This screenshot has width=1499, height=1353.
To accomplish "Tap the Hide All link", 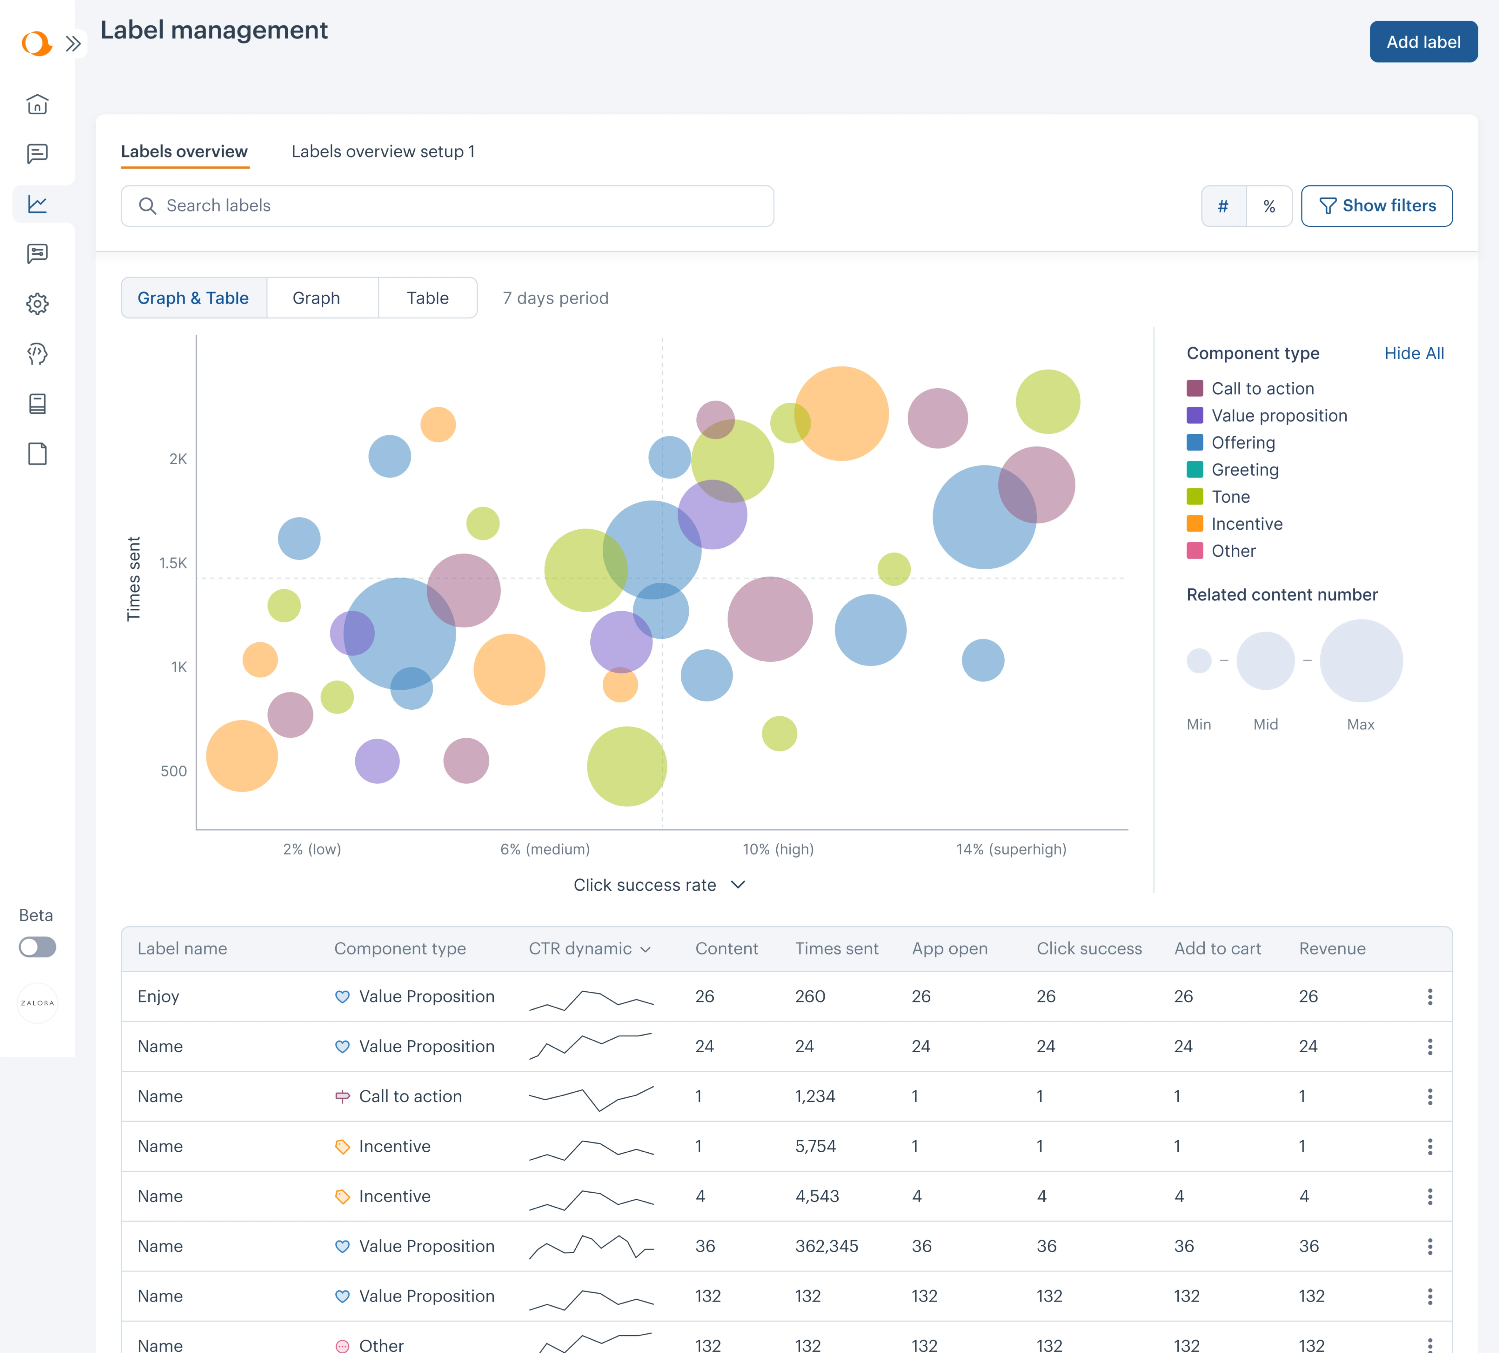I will point(1414,353).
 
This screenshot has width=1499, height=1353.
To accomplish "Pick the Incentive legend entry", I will point(1246,524).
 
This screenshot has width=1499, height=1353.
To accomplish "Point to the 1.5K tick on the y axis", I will point(173,563).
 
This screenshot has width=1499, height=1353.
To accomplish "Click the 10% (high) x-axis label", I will point(778,849).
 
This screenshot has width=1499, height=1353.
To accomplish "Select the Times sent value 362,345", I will point(826,1246).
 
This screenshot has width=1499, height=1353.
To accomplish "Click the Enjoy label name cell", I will point(158,996).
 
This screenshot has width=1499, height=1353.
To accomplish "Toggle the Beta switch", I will point(37,946).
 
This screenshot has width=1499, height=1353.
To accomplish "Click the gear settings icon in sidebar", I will point(37,303).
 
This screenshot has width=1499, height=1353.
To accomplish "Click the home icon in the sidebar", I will point(37,104).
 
